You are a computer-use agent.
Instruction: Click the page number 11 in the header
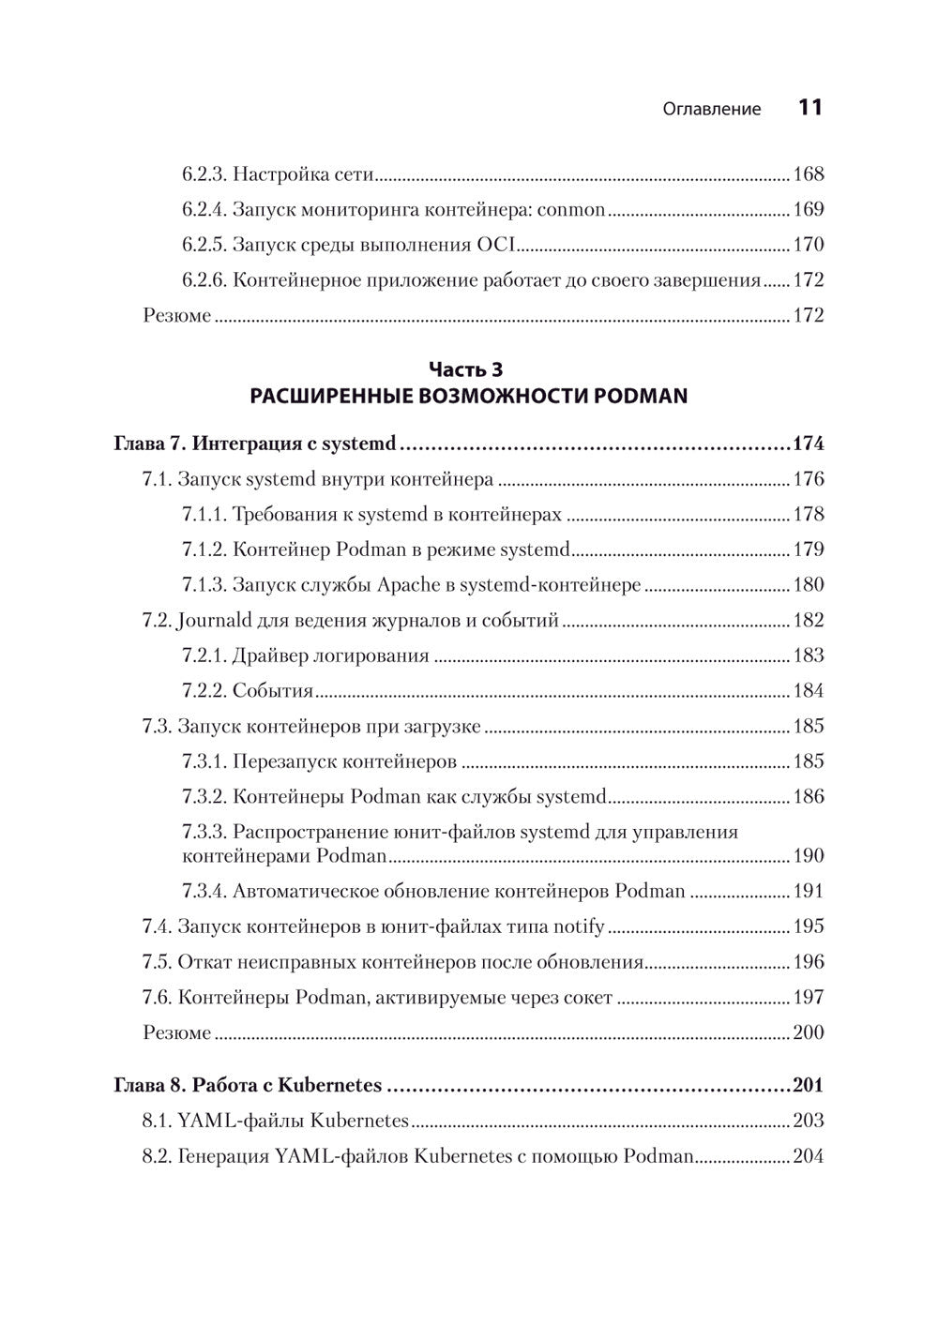pyautogui.click(x=810, y=108)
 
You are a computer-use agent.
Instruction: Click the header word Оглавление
pyautogui.click(x=712, y=109)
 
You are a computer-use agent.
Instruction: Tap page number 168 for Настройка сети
pyautogui.click(x=808, y=174)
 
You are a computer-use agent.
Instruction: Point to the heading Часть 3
pyautogui.click(x=466, y=369)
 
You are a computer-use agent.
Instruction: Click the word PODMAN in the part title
pyautogui.click(x=646, y=396)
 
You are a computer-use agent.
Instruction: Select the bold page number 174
pyautogui.click(x=808, y=444)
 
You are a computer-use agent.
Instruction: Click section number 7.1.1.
pyautogui.click(x=204, y=514)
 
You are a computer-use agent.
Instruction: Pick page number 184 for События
pyautogui.click(x=808, y=691)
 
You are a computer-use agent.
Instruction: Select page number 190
pyautogui.click(x=808, y=855)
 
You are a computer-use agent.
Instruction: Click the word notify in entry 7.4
pyautogui.click(x=577, y=926)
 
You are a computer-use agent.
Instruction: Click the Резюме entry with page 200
pyautogui.click(x=177, y=1032)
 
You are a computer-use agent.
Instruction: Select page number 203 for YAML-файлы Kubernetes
pyautogui.click(x=808, y=1121)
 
